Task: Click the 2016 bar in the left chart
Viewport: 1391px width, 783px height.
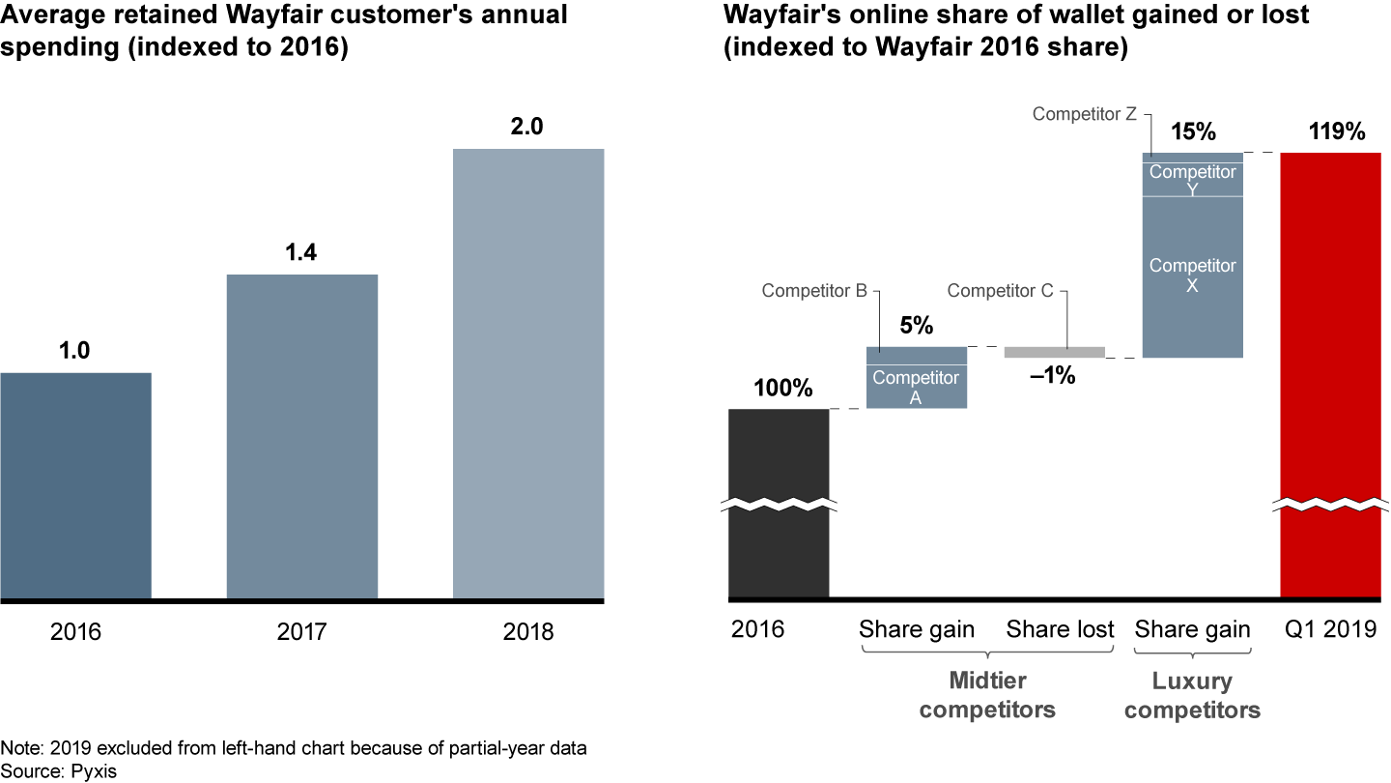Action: pyautogui.click(x=75, y=486)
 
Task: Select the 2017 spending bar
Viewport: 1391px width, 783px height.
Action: pyautogui.click(x=301, y=437)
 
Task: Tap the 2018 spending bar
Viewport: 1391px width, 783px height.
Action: pyautogui.click(x=528, y=374)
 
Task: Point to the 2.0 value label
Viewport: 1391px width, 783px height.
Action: pyautogui.click(x=528, y=126)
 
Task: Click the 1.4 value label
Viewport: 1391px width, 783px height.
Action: pyautogui.click(x=301, y=252)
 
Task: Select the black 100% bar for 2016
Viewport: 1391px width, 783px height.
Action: pyautogui.click(x=779, y=503)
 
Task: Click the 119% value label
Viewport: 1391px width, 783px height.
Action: pyautogui.click(x=1330, y=131)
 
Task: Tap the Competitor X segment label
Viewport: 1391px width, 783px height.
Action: pyautogui.click(x=1192, y=275)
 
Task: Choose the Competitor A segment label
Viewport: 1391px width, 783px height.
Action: pyautogui.click(x=916, y=386)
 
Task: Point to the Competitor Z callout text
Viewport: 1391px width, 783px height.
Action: pyautogui.click(x=1084, y=114)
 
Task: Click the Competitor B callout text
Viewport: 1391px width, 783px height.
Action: pyautogui.click(x=813, y=290)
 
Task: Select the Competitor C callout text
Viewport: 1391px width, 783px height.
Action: pyautogui.click(x=999, y=290)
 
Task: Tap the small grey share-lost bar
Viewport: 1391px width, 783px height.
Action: pyautogui.click(x=1054, y=352)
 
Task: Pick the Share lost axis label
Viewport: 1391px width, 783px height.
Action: pyautogui.click(x=1060, y=630)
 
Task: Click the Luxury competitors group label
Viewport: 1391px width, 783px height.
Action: pyautogui.click(x=1192, y=696)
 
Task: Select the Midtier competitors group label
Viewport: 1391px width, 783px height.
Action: pyautogui.click(x=987, y=696)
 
